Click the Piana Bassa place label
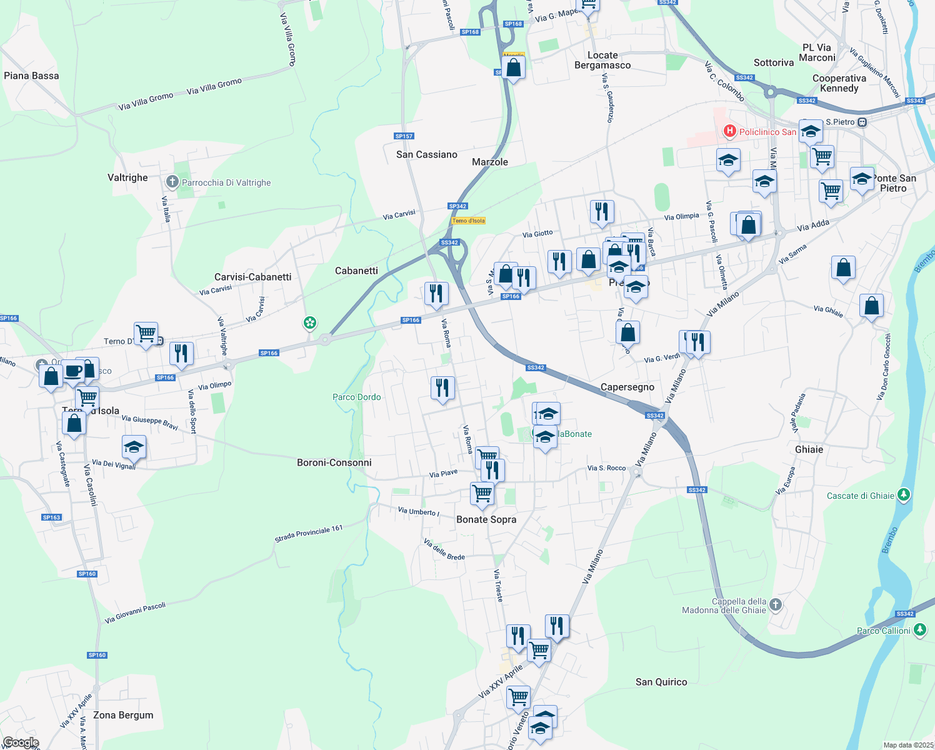(31, 76)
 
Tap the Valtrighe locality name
(127, 177)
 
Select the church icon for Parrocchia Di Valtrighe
(172, 182)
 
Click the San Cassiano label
(427, 154)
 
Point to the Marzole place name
(490, 162)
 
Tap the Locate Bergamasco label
(602, 60)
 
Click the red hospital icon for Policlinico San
(729, 131)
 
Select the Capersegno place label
(627, 387)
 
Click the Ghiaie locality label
(809, 449)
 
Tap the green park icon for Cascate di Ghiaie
(903, 495)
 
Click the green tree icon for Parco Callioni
(919, 630)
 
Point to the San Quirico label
(661, 682)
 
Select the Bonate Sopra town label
(486, 519)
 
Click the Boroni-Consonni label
(334, 462)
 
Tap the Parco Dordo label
(357, 397)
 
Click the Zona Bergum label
(123, 715)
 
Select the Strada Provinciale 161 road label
(309, 534)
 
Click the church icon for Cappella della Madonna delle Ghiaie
(776, 604)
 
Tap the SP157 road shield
(404, 136)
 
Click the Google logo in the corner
(21, 742)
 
